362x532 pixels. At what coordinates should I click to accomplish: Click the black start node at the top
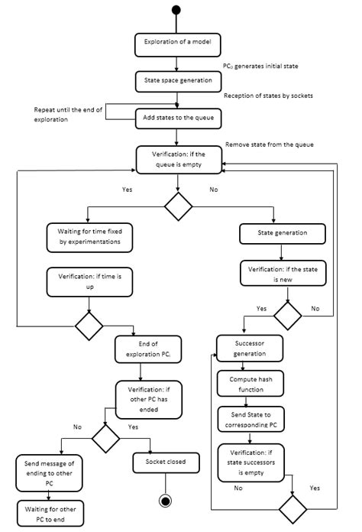coord(177,10)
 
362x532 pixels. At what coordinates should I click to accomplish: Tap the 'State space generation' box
coord(177,79)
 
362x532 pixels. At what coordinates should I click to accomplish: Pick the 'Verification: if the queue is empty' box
coord(177,159)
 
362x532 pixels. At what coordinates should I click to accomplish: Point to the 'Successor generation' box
coord(250,349)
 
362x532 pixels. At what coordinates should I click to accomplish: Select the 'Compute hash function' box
coord(250,384)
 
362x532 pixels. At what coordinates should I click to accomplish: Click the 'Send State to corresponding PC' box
coord(250,420)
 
